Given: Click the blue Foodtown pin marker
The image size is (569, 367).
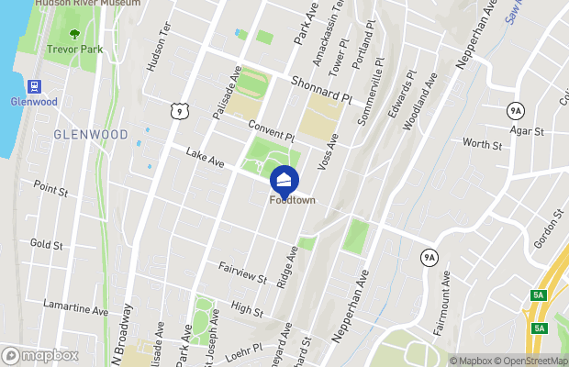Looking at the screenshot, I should pyautogui.click(x=284, y=179).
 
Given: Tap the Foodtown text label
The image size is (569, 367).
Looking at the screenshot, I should pyautogui.click(x=292, y=201).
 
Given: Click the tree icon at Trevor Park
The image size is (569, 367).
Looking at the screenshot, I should pyautogui.click(x=75, y=36).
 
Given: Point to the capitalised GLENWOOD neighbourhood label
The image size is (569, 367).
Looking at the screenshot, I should pyautogui.click(x=91, y=134).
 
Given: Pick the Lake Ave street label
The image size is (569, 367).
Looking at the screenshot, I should pyautogui.click(x=205, y=161).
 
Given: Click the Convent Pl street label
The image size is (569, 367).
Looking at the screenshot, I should pyautogui.click(x=270, y=132).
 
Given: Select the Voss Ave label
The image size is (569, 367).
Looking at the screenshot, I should pyautogui.click(x=328, y=152).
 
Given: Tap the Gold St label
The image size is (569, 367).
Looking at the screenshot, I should pyautogui.click(x=46, y=244).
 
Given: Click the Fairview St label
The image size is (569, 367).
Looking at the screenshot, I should pyautogui.click(x=242, y=272).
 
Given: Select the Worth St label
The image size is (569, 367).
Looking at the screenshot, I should pyautogui.click(x=482, y=143).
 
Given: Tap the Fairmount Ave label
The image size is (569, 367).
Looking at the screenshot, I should pyautogui.click(x=442, y=302).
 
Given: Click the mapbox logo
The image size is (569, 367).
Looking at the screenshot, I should pyautogui.click(x=39, y=355).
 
